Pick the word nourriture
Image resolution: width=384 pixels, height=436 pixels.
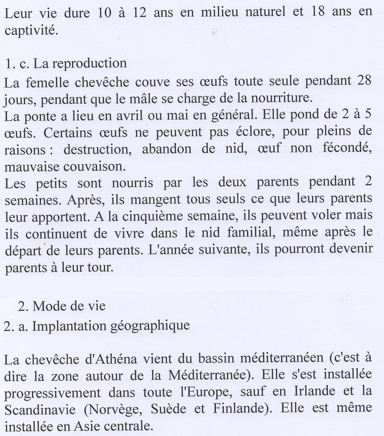pos(283,98)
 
